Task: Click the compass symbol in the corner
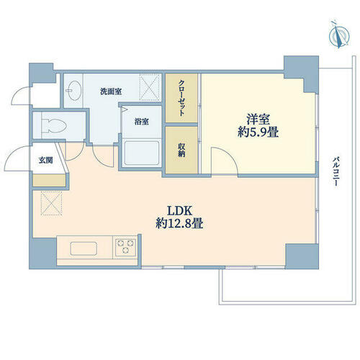coord(339,35)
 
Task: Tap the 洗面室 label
coord(111,91)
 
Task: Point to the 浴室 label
coord(141,122)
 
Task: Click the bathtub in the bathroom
coord(142,153)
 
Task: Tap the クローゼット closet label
coord(181,98)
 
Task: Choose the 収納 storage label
coord(181,150)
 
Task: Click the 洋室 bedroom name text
coord(258,120)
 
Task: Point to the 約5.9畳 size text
coord(258,132)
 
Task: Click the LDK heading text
coord(180,211)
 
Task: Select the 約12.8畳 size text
coord(179,223)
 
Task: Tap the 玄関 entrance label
coord(46,160)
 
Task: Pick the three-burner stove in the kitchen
coord(125,247)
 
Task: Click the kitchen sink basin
coord(84,249)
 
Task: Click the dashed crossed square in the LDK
coord(52,203)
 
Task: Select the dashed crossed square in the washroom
coord(150,87)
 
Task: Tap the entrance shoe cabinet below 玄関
coord(49,180)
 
